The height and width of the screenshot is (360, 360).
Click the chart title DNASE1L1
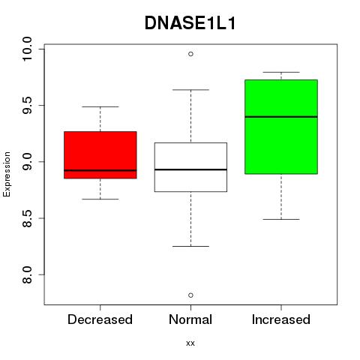(190, 23)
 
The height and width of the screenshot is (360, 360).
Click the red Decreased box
(100, 155)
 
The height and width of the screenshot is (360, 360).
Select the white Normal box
(190, 167)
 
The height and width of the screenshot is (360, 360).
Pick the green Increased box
(281, 127)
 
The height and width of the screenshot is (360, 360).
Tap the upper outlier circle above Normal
(190, 54)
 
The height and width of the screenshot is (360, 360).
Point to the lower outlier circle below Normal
(190, 295)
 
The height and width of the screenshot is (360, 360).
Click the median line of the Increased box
(281, 117)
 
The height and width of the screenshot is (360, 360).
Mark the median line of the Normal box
(190, 169)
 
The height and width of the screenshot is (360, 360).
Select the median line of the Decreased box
(100, 170)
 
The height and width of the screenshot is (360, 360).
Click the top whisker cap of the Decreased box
(100, 106)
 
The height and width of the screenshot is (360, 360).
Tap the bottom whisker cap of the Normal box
(190, 246)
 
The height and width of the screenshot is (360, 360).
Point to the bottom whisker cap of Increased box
(281, 219)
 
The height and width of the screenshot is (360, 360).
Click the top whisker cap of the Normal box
(190, 89)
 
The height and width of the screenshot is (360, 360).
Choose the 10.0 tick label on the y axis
(27, 49)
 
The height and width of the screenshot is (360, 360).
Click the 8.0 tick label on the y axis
(27, 274)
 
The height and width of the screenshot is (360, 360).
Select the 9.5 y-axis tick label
(27, 106)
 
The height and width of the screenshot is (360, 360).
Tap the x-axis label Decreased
(100, 319)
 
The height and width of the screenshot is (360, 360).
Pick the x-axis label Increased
(281, 319)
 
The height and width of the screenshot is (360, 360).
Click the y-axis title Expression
(7, 174)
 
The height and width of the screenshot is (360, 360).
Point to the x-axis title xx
(190, 343)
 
